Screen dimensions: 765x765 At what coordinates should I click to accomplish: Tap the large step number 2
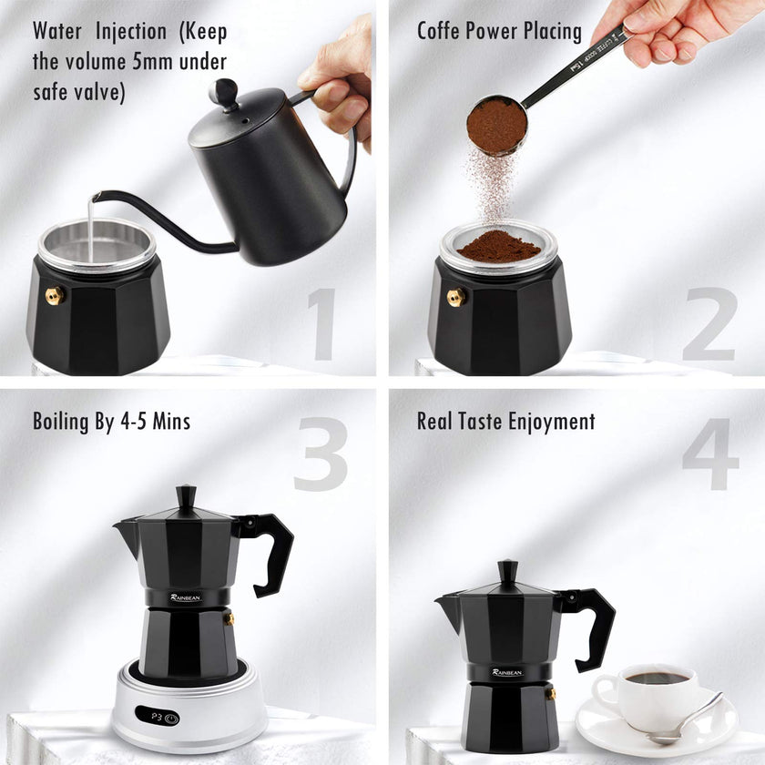click(x=709, y=324)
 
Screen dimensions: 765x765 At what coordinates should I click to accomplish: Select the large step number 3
click(x=321, y=453)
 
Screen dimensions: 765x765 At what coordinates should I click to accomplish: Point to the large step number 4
click(x=710, y=453)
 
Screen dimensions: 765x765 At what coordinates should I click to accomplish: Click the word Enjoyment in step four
click(x=554, y=422)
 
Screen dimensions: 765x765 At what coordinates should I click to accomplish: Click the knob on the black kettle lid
click(x=222, y=91)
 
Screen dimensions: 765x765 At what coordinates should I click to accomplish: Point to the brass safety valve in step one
click(x=54, y=294)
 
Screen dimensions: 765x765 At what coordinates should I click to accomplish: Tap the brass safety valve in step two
click(x=456, y=296)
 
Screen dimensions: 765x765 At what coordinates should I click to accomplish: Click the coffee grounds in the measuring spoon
click(x=496, y=124)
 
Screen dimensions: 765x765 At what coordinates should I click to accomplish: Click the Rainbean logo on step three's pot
click(x=186, y=597)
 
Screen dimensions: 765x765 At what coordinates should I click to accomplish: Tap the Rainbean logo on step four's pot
click(x=506, y=672)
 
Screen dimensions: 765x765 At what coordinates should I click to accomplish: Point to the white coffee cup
click(x=651, y=696)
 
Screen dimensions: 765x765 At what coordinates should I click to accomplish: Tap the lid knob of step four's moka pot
click(x=508, y=571)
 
